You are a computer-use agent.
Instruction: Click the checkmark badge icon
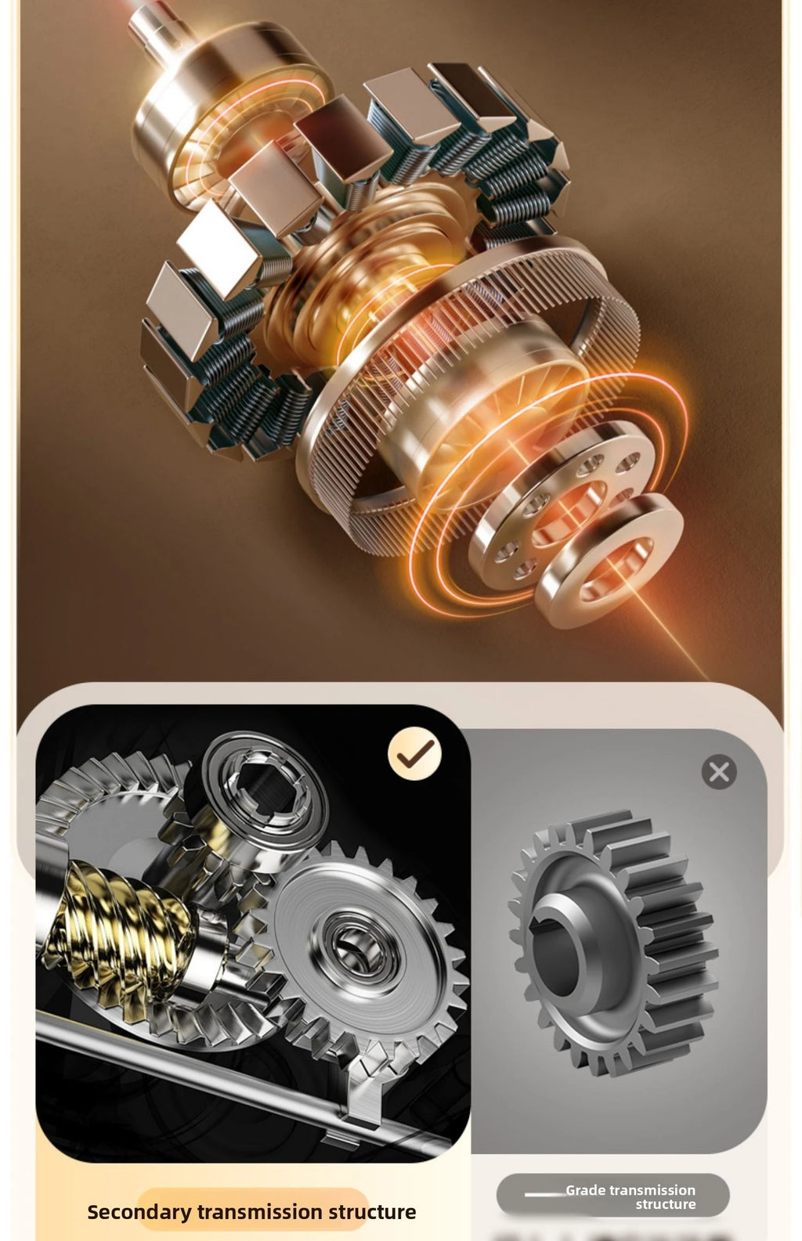[x=414, y=753]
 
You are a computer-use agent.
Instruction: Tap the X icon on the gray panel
[x=719, y=772]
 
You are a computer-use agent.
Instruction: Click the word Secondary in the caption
[x=139, y=1211]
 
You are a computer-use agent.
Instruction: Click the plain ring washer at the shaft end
[x=609, y=560]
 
